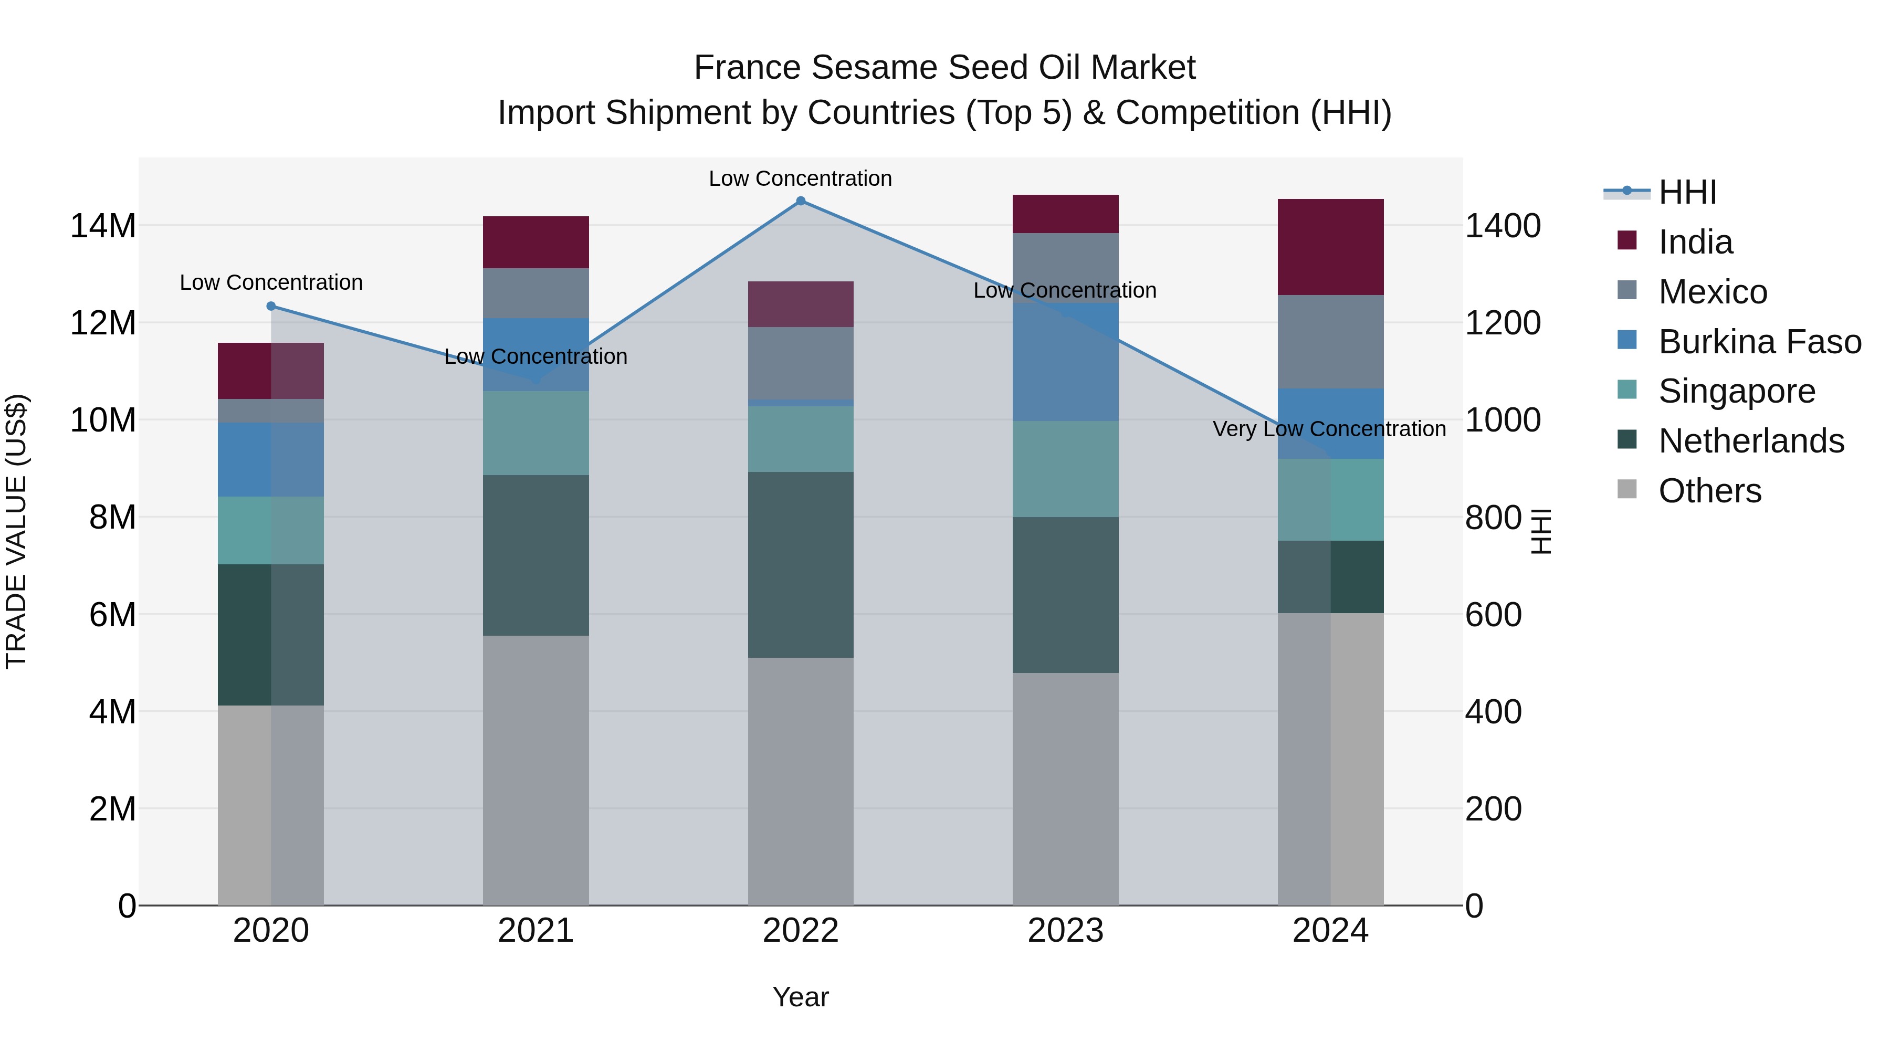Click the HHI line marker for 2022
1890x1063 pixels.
(x=801, y=201)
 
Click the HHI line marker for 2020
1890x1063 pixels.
(x=271, y=306)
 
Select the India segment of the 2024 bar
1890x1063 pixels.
(x=1330, y=247)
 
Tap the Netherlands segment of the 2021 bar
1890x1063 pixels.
(x=535, y=555)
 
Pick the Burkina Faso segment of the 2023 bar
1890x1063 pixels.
(x=1065, y=361)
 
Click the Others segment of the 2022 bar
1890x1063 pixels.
(x=801, y=781)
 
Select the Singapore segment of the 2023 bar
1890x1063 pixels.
(x=1065, y=468)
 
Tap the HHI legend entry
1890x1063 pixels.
(x=1686, y=192)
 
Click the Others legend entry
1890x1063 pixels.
(x=1709, y=491)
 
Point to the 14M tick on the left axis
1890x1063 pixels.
(x=103, y=226)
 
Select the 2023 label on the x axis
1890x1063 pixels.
(x=1065, y=931)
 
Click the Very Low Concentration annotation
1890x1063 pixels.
(x=1329, y=429)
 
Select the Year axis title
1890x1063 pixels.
(x=801, y=997)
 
